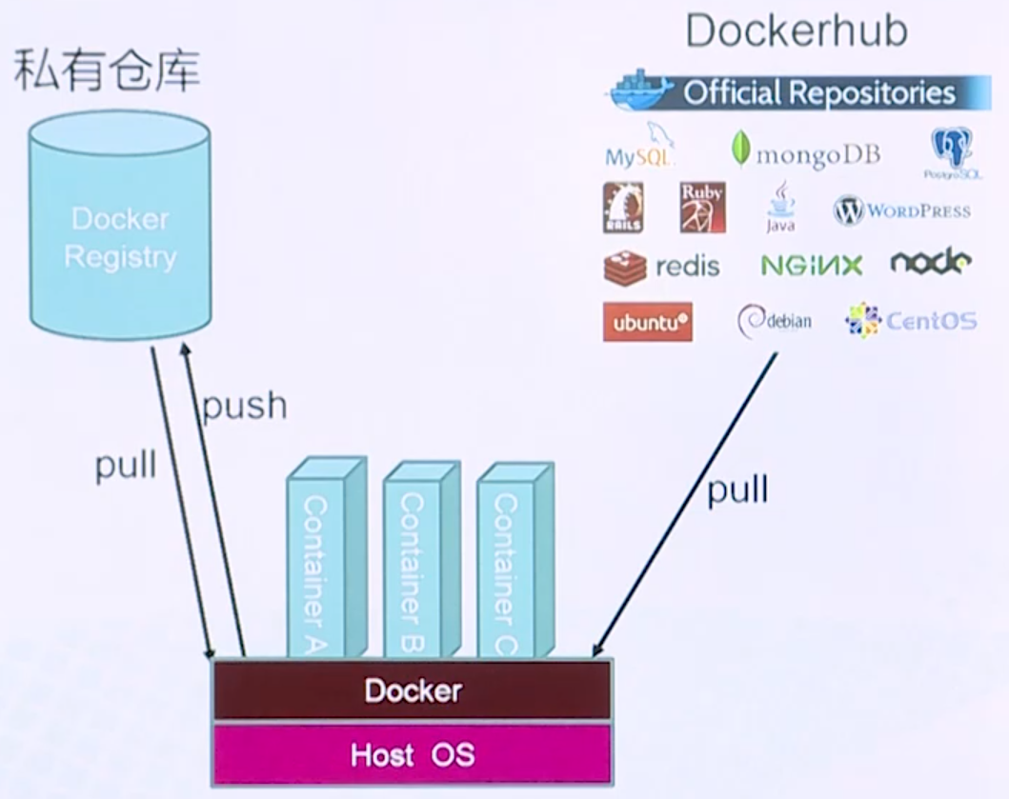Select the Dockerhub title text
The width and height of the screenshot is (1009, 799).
pyautogui.click(x=796, y=31)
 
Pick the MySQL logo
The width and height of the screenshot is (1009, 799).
pyautogui.click(x=641, y=148)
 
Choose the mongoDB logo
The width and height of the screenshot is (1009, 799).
pyautogui.click(x=806, y=153)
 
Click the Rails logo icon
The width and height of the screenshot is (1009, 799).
pyautogui.click(x=623, y=208)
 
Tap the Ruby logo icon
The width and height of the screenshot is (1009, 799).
pyautogui.click(x=702, y=207)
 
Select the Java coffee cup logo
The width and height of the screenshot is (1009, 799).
pyautogui.click(x=780, y=208)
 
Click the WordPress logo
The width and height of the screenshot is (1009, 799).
pyautogui.click(x=901, y=210)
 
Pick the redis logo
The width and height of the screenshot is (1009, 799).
pyautogui.click(x=662, y=266)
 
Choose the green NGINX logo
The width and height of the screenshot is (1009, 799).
pyautogui.click(x=812, y=266)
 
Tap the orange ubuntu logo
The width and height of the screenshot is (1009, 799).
pyautogui.click(x=648, y=322)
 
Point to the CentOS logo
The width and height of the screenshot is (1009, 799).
pyautogui.click(x=911, y=321)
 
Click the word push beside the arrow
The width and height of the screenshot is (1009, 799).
pyautogui.click(x=244, y=406)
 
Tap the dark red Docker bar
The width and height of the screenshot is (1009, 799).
pyautogui.click(x=412, y=690)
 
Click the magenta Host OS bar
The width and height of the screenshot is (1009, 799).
pyautogui.click(x=412, y=755)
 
